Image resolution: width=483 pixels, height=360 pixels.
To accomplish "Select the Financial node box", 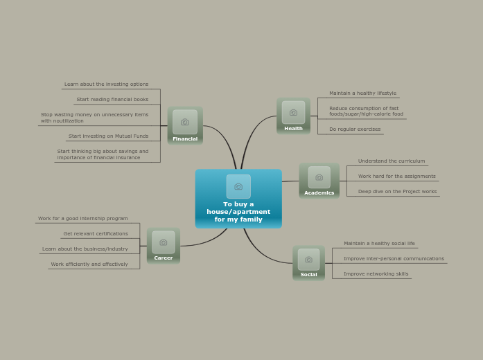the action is [185, 126].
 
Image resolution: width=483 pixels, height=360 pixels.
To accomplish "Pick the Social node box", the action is [308, 263].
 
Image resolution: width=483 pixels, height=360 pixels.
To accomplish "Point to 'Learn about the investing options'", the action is [106, 84].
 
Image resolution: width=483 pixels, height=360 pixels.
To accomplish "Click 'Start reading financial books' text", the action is [112, 100].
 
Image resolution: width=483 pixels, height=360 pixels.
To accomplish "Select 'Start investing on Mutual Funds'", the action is [108, 136].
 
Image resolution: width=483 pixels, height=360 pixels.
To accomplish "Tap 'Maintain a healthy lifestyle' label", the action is [362, 93].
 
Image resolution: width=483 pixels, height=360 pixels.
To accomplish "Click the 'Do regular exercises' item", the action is [355, 129].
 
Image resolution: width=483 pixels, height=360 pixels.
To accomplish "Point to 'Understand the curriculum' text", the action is [392, 161].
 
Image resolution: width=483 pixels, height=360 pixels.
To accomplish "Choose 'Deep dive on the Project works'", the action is [397, 192].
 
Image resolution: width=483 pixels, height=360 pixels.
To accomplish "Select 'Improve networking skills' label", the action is [376, 274].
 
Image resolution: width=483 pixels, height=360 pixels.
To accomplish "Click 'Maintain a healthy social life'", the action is [379, 244].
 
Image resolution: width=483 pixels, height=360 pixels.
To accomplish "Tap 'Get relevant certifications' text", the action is [96, 234].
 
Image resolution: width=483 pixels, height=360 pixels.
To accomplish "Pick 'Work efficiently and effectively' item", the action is [89, 264].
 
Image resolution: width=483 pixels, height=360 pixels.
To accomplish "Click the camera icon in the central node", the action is [238, 186].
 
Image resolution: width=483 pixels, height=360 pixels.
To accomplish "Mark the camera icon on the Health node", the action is [293, 112].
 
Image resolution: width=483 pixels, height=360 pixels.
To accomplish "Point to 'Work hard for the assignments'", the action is [396, 177].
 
